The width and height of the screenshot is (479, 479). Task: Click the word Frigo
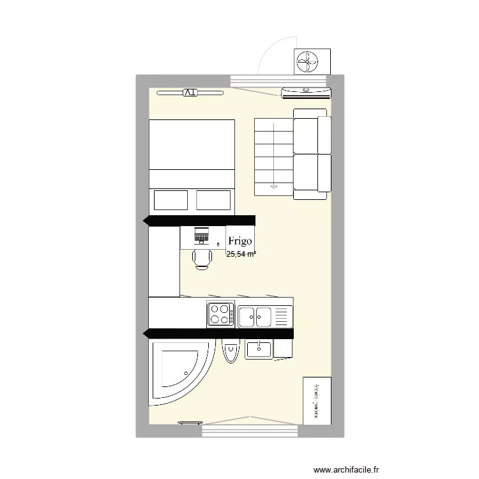pos(240,242)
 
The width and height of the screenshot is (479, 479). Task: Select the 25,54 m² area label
pos(241,254)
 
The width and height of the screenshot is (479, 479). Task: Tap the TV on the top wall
pos(190,93)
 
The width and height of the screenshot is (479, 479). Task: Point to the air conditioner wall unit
pos(307,93)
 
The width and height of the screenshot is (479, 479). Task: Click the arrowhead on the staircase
pos(274,186)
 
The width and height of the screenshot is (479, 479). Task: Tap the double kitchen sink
pos(255,315)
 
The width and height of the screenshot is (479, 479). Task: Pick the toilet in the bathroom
pos(230,352)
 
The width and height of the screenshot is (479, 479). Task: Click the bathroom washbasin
pos(259,350)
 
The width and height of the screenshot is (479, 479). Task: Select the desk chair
pos(202,258)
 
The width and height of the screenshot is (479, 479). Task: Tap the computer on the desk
pos(201,235)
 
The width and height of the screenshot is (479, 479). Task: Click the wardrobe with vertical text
pos(317,400)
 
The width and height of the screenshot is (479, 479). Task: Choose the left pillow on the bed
pos(171,200)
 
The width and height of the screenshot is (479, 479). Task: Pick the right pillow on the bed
pos(214,200)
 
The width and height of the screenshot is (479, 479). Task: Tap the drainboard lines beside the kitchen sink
pos(282,315)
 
